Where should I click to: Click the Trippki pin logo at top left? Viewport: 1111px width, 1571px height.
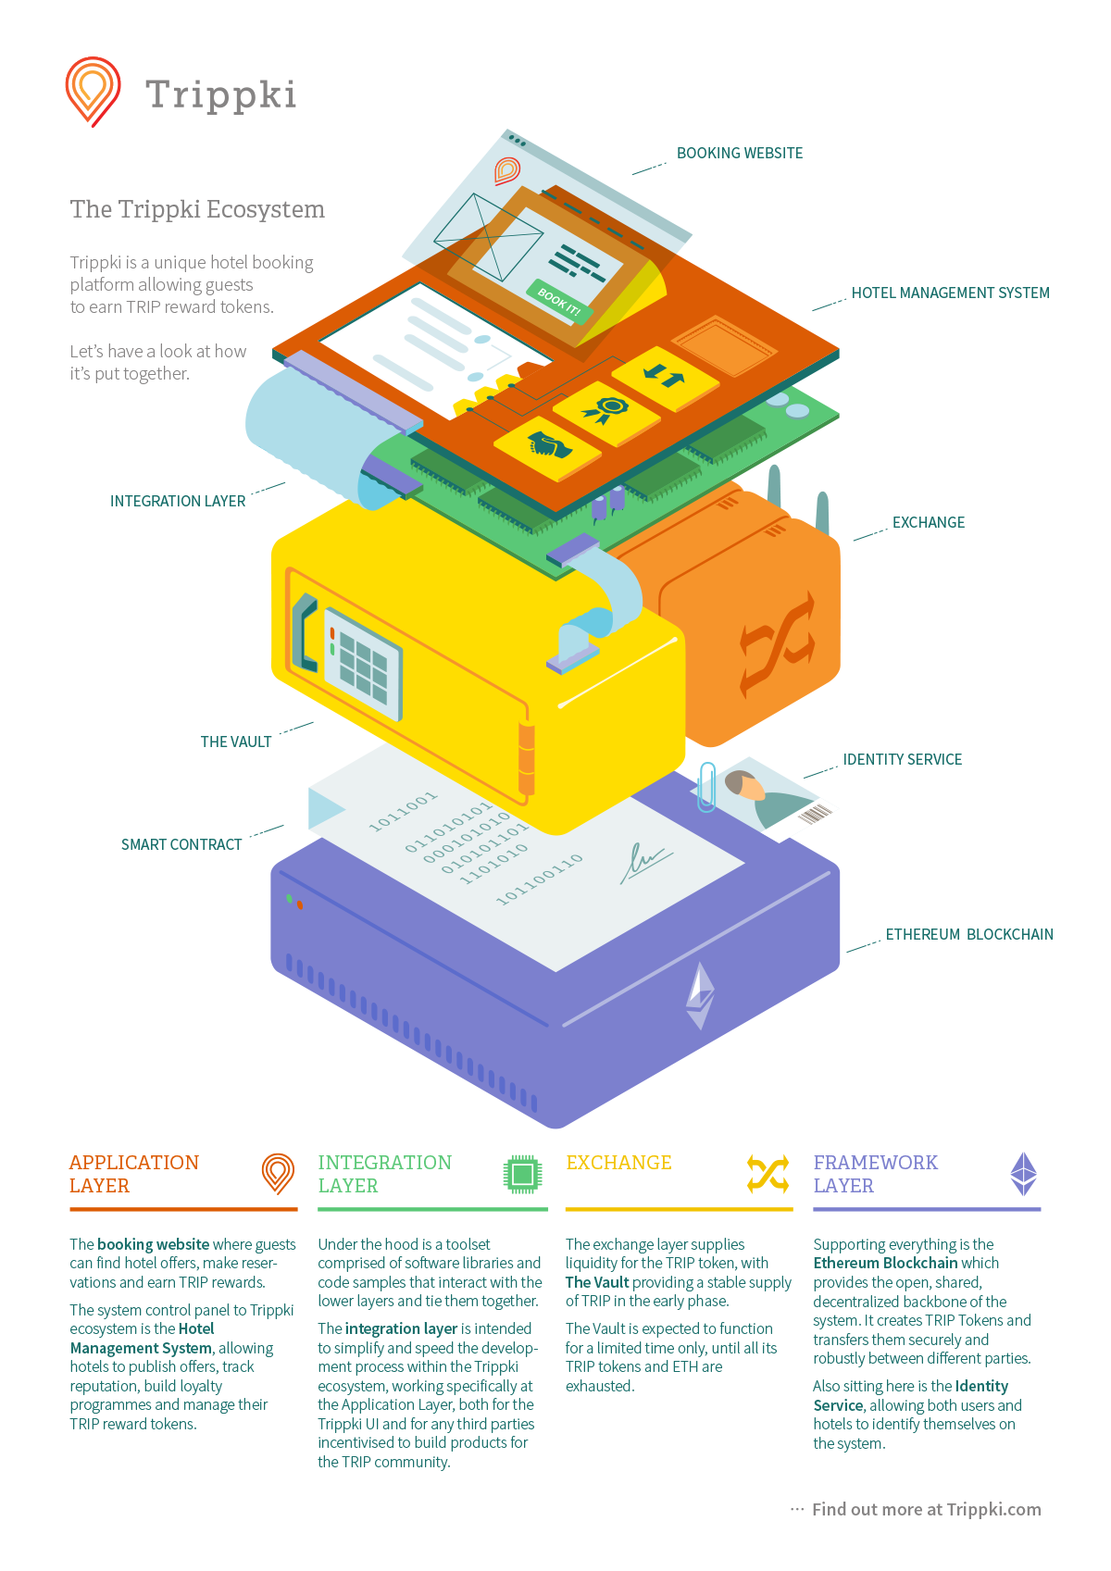click(93, 91)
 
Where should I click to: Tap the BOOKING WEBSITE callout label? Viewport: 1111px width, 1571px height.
click(739, 153)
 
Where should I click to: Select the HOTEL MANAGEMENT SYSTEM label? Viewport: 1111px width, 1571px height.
click(950, 293)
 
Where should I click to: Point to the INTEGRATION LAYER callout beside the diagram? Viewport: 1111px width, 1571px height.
click(178, 501)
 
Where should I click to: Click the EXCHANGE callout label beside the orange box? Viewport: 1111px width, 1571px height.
click(928, 522)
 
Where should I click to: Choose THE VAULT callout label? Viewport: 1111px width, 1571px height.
click(236, 742)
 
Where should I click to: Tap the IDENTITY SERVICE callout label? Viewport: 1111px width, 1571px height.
click(902, 759)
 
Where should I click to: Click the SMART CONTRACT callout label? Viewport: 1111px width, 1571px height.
click(181, 844)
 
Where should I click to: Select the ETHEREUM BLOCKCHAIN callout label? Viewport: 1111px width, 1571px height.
click(968, 934)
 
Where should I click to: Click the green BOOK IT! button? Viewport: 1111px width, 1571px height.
click(559, 301)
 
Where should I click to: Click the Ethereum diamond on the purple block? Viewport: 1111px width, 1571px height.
click(700, 995)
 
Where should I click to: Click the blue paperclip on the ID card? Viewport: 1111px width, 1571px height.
click(707, 787)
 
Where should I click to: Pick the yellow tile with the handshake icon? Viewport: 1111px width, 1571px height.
click(548, 447)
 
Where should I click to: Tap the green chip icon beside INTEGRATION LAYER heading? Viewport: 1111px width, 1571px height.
click(522, 1174)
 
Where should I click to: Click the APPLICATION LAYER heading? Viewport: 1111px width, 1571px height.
click(134, 1174)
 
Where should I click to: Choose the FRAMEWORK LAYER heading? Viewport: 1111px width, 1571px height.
click(875, 1174)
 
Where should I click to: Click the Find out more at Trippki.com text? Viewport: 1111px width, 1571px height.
click(926, 1509)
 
